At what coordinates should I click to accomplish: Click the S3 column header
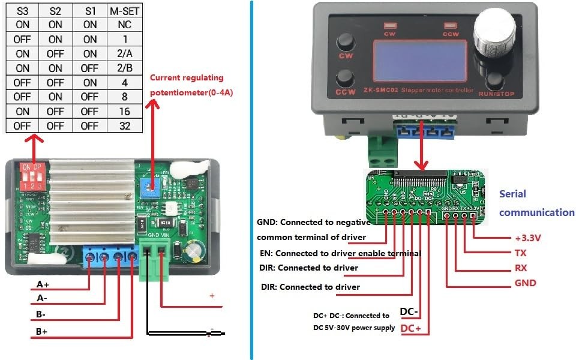(22, 10)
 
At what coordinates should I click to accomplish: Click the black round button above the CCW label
(346, 77)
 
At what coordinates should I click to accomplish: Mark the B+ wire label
(42, 331)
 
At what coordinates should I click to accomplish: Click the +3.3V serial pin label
(528, 238)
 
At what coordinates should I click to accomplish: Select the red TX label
(521, 253)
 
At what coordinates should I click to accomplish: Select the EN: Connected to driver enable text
(340, 253)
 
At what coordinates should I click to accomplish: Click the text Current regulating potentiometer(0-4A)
(191, 85)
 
